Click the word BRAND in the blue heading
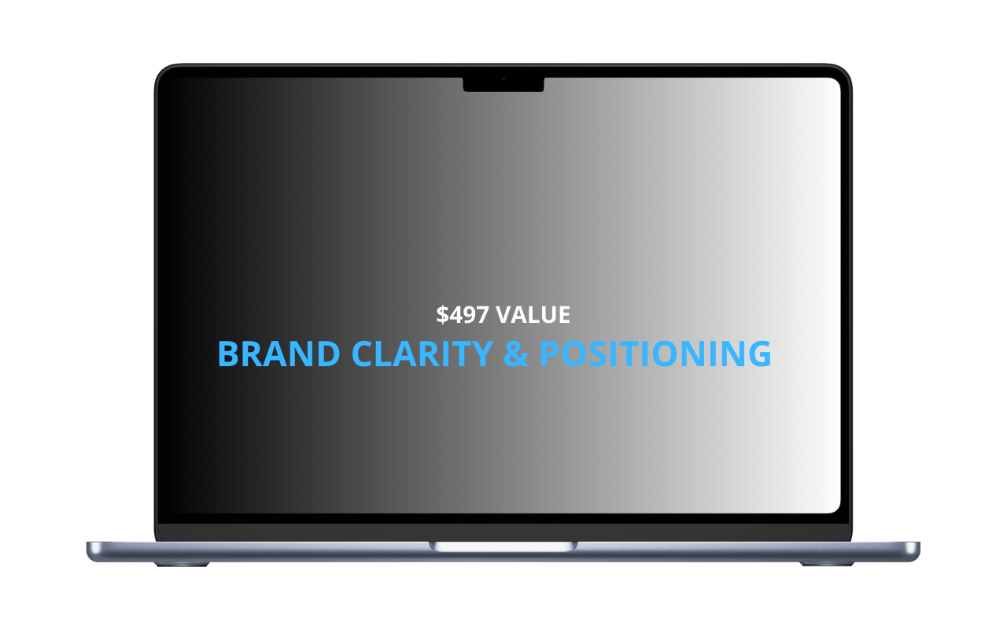278,354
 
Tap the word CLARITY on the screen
422,354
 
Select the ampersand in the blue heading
515,354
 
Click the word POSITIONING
655,354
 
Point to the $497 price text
462,314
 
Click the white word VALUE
533,314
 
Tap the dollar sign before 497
442,314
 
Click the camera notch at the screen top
503,84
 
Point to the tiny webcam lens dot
503,79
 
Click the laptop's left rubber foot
182,564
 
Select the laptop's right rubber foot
826,564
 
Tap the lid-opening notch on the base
503,547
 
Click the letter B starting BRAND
228,354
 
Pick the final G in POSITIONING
760,354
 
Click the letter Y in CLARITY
483,354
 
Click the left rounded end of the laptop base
92,551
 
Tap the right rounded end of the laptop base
914,551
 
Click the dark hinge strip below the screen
503,532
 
